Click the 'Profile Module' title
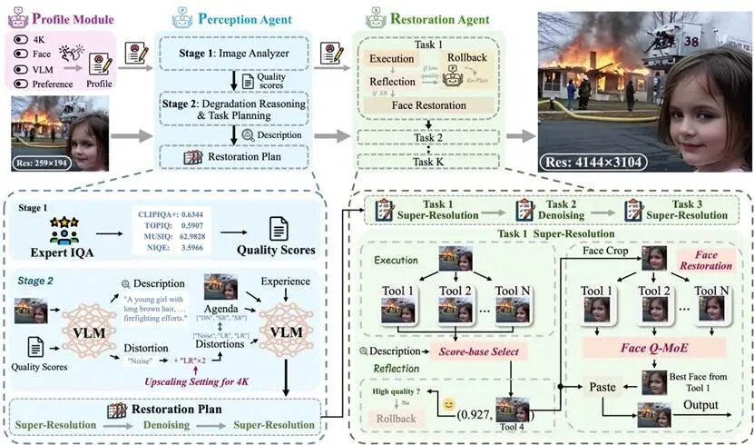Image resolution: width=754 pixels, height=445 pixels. [73, 18]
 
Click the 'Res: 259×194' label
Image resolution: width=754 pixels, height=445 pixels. [40, 164]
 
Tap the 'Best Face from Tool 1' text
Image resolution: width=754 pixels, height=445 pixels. [697, 376]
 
